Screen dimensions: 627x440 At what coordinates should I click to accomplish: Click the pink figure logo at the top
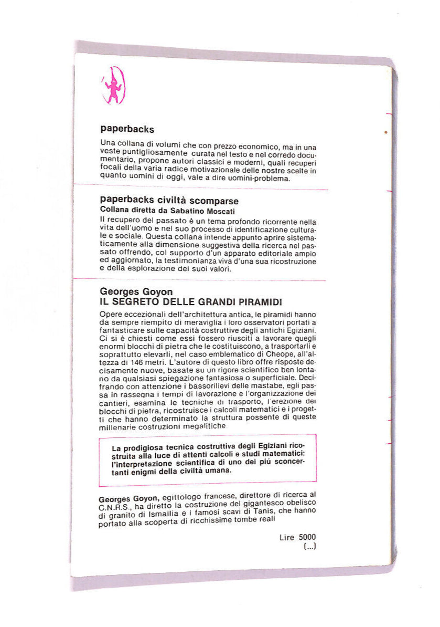coord(112,85)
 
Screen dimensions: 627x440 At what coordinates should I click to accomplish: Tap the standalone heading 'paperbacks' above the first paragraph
coord(126,129)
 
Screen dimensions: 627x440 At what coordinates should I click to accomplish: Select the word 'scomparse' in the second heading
coord(214,201)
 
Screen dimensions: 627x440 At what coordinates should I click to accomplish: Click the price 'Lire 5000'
coord(299,537)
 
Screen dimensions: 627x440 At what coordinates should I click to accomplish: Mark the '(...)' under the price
coord(309,546)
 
